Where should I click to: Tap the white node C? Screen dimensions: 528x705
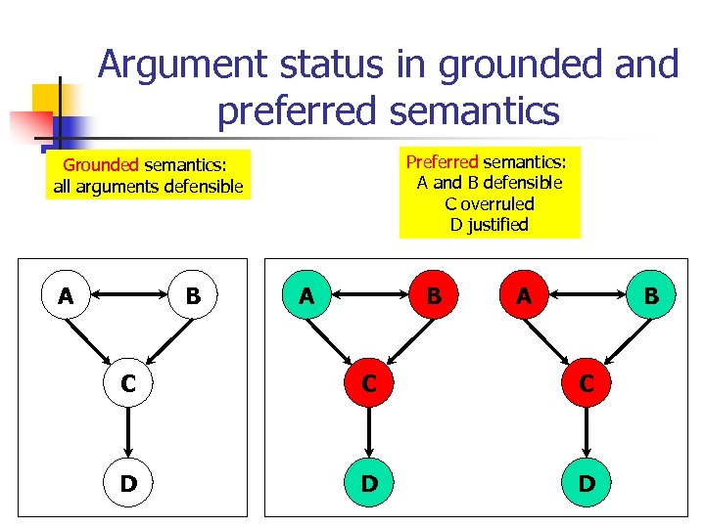point(128,384)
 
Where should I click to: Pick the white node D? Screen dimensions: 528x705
point(128,483)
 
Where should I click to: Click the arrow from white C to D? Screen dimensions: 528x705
point(128,433)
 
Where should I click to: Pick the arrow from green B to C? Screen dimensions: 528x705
point(404,338)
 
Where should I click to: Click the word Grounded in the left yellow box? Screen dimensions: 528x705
point(101,165)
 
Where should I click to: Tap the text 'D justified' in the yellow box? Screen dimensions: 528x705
point(489,225)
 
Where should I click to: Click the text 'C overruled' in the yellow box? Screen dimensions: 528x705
point(489,203)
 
